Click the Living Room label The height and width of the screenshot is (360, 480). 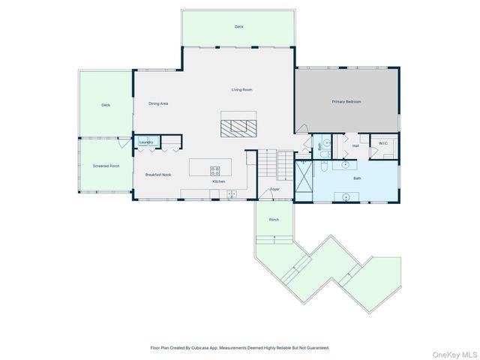click(241, 89)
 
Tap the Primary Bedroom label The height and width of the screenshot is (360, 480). click(346, 101)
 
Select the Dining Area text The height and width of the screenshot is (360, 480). click(157, 103)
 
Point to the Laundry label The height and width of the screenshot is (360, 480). click(146, 142)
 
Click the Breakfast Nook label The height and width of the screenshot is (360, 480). click(157, 175)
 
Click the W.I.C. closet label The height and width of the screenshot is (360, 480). click(382, 143)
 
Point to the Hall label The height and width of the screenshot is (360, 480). click(355, 146)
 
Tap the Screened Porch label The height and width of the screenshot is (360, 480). click(106, 165)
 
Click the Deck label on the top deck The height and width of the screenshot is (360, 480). click(238, 26)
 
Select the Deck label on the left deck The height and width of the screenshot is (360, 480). click(106, 105)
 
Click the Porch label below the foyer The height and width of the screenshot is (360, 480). click(274, 220)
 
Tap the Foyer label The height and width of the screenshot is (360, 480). click(274, 189)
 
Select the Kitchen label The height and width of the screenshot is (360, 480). click(218, 181)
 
